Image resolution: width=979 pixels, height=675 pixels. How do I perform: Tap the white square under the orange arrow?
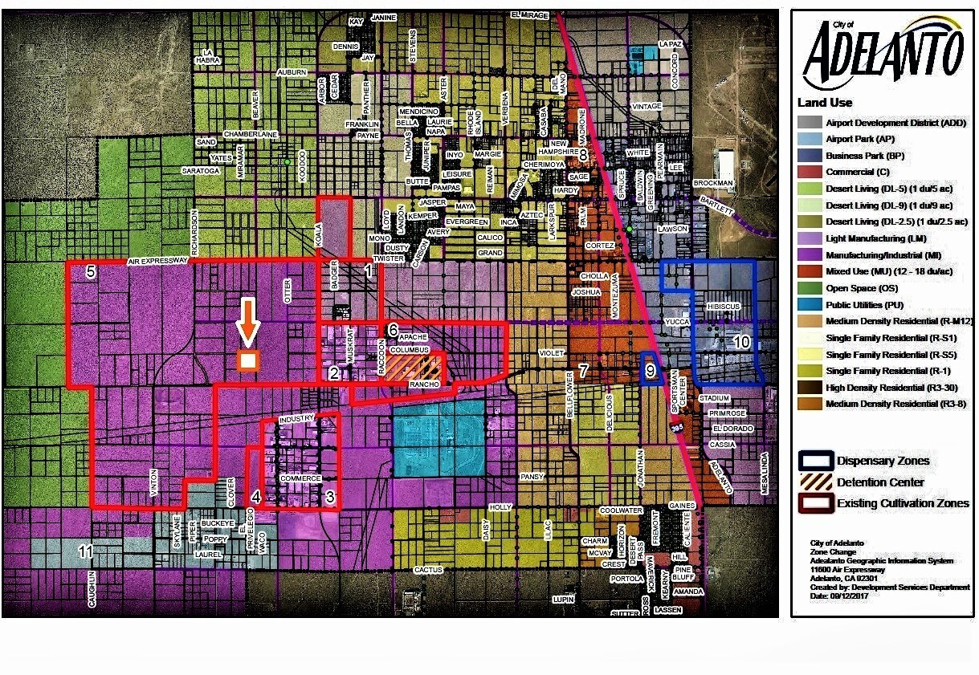(248, 360)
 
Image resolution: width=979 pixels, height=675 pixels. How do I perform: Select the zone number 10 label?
(741, 343)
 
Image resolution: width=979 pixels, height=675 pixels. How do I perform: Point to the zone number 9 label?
(651, 370)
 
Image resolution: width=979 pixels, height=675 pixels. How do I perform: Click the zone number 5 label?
(91, 271)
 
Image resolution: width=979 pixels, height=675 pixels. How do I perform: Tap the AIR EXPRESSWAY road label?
(157, 261)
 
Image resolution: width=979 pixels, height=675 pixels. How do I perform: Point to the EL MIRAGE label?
(532, 14)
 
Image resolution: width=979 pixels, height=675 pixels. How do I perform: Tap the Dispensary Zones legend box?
(815, 461)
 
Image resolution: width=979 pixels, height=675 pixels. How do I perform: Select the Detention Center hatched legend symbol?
(815, 482)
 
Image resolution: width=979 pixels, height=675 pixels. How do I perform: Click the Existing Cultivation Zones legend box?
(815, 503)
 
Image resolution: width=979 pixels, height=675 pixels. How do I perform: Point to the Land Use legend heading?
(825, 103)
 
